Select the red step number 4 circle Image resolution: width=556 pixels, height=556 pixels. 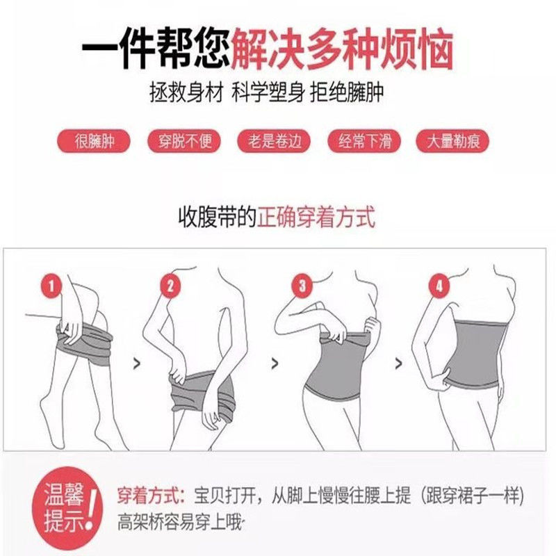437,285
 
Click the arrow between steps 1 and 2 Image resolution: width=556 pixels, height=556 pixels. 134,362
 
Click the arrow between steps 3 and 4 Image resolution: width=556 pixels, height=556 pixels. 398,362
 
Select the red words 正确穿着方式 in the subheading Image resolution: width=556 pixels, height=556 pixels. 316,218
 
